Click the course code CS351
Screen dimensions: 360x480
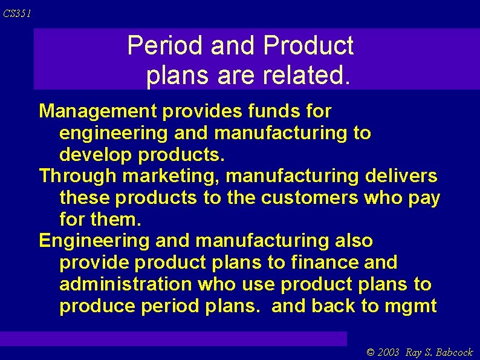point(17,13)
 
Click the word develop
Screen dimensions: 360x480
point(96,155)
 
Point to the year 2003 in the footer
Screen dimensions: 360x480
point(389,352)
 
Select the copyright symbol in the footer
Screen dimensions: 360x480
point(371,352)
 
